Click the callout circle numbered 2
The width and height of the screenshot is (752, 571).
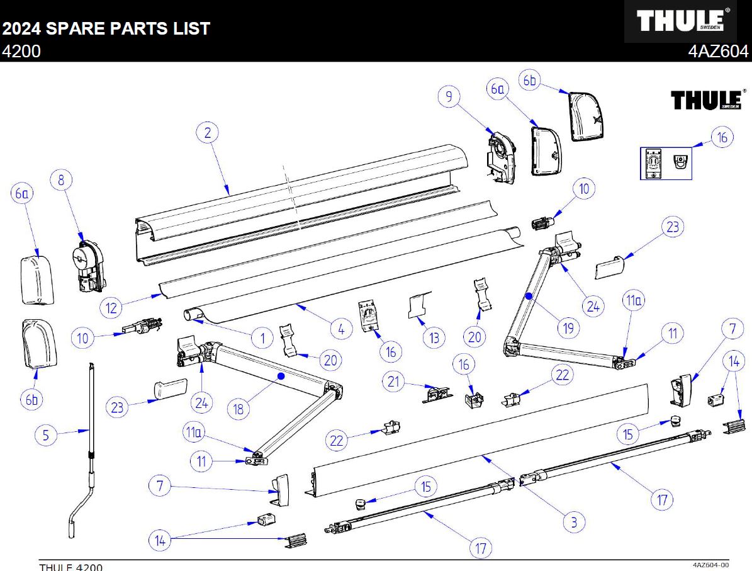[207, 133]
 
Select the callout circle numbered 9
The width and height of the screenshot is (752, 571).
[449, 96]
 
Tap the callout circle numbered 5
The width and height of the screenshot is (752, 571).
[46, 434]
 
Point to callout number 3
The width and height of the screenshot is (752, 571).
[574, 521]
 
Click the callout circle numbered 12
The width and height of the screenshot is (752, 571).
[111, 308]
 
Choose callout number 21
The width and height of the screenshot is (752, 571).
[394, 382]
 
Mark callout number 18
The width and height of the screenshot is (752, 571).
[239, 409]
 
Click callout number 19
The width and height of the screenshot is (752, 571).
[568, 327]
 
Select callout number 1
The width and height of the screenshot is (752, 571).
[262, 338]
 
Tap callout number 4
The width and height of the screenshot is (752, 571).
[340, 328]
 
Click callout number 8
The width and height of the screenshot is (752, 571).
[61, 181]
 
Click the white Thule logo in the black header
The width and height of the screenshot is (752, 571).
[680, 21]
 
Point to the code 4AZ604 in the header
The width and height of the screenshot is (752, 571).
[719, 52]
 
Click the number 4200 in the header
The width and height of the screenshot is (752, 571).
[21, 52]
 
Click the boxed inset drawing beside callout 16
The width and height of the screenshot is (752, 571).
[666, 162]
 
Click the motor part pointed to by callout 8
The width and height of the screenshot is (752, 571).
[87, 264]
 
